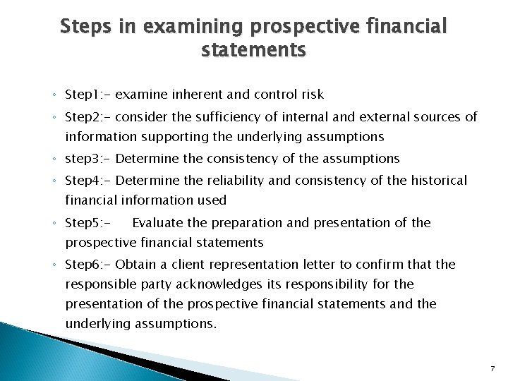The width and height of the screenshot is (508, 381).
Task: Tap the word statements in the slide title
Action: coord(254,51)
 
